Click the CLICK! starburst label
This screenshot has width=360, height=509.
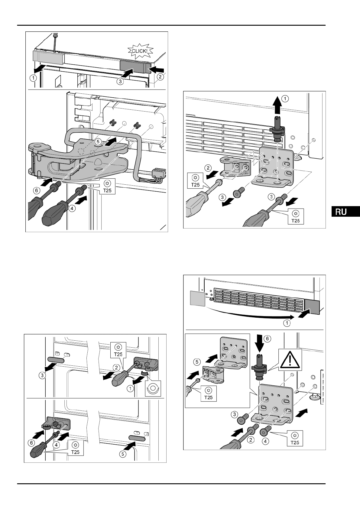tap(139, 51)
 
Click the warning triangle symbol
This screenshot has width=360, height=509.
tap(290, 360)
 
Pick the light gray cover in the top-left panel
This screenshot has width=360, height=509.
tap(48, 57)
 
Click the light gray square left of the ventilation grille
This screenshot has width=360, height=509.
tap(196, 298)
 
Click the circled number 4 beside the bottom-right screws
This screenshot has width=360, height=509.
tap(265, 441)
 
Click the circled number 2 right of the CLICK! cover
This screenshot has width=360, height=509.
tap(161, 77)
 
